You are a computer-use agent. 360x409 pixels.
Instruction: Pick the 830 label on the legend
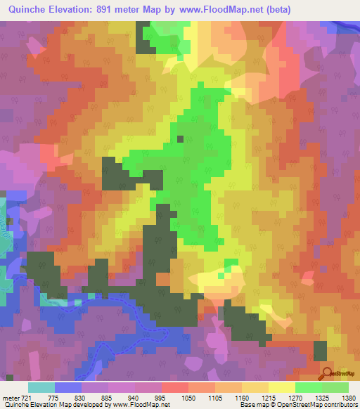(x=81, y=398)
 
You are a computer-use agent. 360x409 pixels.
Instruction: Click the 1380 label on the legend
(x=347, y=398)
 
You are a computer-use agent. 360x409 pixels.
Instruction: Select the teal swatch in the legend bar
(x=41, y=387)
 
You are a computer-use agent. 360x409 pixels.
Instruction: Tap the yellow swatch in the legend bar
(x=281, y=387)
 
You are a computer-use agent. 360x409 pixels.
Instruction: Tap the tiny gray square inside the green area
(x=180, y=139)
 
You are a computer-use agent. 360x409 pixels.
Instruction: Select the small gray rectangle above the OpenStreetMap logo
(x=321, y=351)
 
